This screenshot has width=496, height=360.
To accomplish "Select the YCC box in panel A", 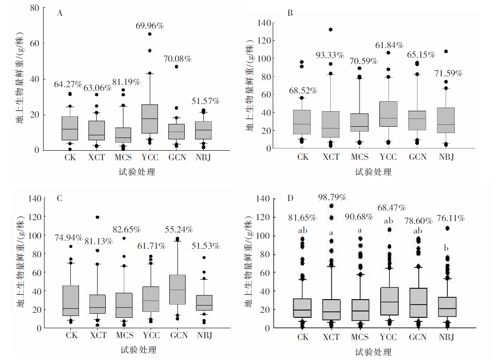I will [x=150, y=119].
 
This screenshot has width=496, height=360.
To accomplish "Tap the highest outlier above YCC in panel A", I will [x=150, y=34].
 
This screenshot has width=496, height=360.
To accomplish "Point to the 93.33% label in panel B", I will [x=330, y=55].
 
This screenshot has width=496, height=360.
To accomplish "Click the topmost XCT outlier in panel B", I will [x=331, y=30].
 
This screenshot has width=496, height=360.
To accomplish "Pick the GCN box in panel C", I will [x=177, y=289].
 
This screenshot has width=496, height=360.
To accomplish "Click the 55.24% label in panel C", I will [x=178, y=229].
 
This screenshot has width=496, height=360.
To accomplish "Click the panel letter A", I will [x=59, y=13].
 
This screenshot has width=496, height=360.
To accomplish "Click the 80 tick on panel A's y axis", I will [x=34, y=8].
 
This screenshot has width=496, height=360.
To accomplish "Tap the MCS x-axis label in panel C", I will [x=124, y=335].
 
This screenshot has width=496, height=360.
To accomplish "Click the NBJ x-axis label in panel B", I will [x=447, y=157].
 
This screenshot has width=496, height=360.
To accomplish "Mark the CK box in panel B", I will [x=302, y=122].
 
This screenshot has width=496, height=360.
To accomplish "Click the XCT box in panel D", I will [x=331, y=310].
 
